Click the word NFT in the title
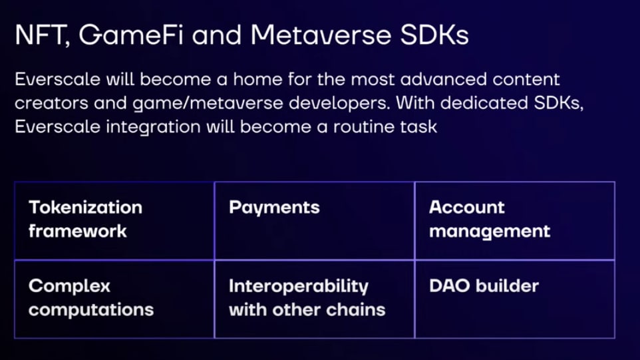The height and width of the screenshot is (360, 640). [x=41, y=35]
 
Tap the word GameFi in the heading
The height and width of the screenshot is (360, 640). [x=131, y=35]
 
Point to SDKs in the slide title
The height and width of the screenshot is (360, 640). [x=434, y=35]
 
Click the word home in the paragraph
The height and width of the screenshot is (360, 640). [x=257, y=79]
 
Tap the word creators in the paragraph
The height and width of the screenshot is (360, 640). [x=51, y=103]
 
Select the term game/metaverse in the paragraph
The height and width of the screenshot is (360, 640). [x=208, y=103]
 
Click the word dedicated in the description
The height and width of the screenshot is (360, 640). [x=484, y=102]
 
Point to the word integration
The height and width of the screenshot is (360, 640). [x=153, y=127]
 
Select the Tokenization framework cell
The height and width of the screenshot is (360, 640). [x=114, y=220]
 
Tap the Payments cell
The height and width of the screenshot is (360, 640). [x=314, y=220]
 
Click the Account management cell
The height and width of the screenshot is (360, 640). [x=515, y=220]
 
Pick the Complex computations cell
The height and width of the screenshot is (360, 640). [x=114, y=299]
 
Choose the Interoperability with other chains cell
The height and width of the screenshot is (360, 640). [x=314, y=299]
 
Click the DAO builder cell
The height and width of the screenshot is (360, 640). [x=515, y=299]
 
